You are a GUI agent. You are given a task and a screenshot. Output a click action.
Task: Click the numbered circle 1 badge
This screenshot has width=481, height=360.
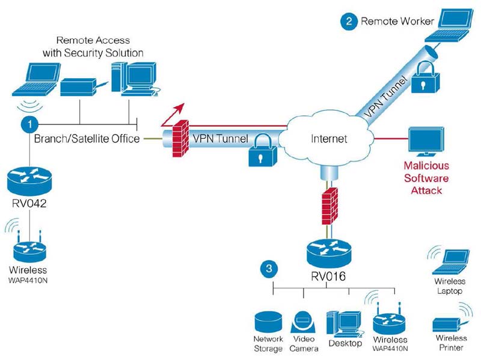click(x=28, y=124)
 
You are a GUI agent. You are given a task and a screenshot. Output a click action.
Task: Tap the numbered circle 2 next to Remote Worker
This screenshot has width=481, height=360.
click(x=348, y=22)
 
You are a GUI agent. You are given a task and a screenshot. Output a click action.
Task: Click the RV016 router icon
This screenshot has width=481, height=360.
click(x=328, y=252)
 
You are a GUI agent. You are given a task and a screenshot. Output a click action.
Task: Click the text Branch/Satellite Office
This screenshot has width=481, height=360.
click(x=87, y=139)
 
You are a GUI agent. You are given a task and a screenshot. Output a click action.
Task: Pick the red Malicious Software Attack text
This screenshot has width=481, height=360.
click(x=426, y=178)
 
